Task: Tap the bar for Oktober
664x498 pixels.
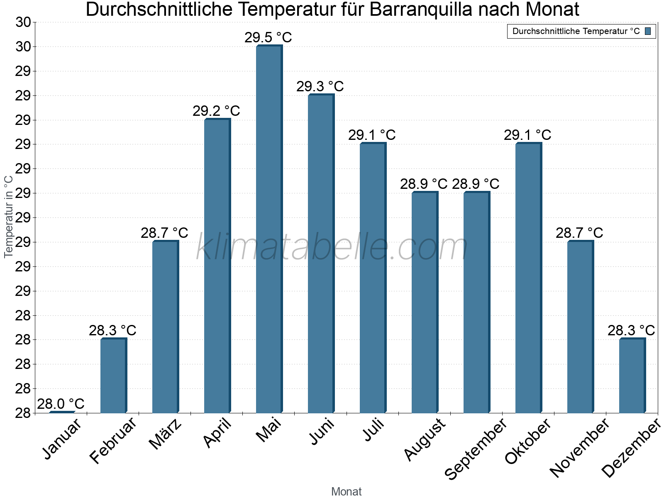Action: point(528,278)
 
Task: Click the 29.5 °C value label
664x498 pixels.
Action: point(268,37)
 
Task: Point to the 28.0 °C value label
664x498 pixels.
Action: point(61,404)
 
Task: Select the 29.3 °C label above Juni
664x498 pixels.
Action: point(320,86)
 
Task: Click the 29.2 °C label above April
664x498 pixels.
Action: point(216,111)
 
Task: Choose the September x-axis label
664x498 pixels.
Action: point(476,449)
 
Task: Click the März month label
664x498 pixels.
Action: point(166,434)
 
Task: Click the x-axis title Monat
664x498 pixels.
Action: point(347,492)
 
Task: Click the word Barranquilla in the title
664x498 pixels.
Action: point(421,10)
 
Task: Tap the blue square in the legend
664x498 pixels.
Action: point(648,31)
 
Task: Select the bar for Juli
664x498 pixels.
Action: point(373,278)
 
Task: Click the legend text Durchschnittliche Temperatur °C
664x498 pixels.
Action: point(576,31)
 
